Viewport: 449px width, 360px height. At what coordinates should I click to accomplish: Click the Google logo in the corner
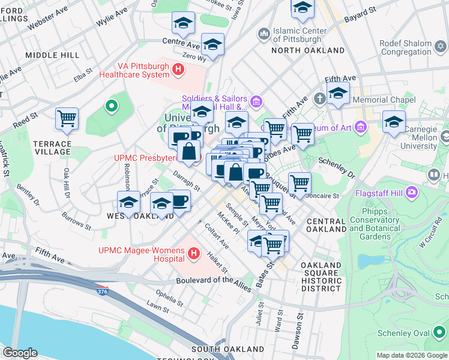[20, 353]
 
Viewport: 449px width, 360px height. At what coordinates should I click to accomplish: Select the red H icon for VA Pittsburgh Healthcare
[178, 70]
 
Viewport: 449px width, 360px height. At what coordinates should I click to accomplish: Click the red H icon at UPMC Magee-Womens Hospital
[193, 254]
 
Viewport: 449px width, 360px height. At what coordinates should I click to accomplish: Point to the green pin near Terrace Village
[110, 107]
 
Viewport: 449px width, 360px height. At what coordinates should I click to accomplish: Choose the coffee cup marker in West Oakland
[179, 200]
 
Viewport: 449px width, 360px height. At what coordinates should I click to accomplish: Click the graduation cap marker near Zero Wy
[212, 44]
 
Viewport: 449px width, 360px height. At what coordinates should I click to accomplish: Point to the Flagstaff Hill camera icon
[412, 193]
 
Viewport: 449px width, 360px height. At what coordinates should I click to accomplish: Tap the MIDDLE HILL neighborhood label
[52, 55]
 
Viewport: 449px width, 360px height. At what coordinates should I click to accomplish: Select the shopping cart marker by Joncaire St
[299, 182]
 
